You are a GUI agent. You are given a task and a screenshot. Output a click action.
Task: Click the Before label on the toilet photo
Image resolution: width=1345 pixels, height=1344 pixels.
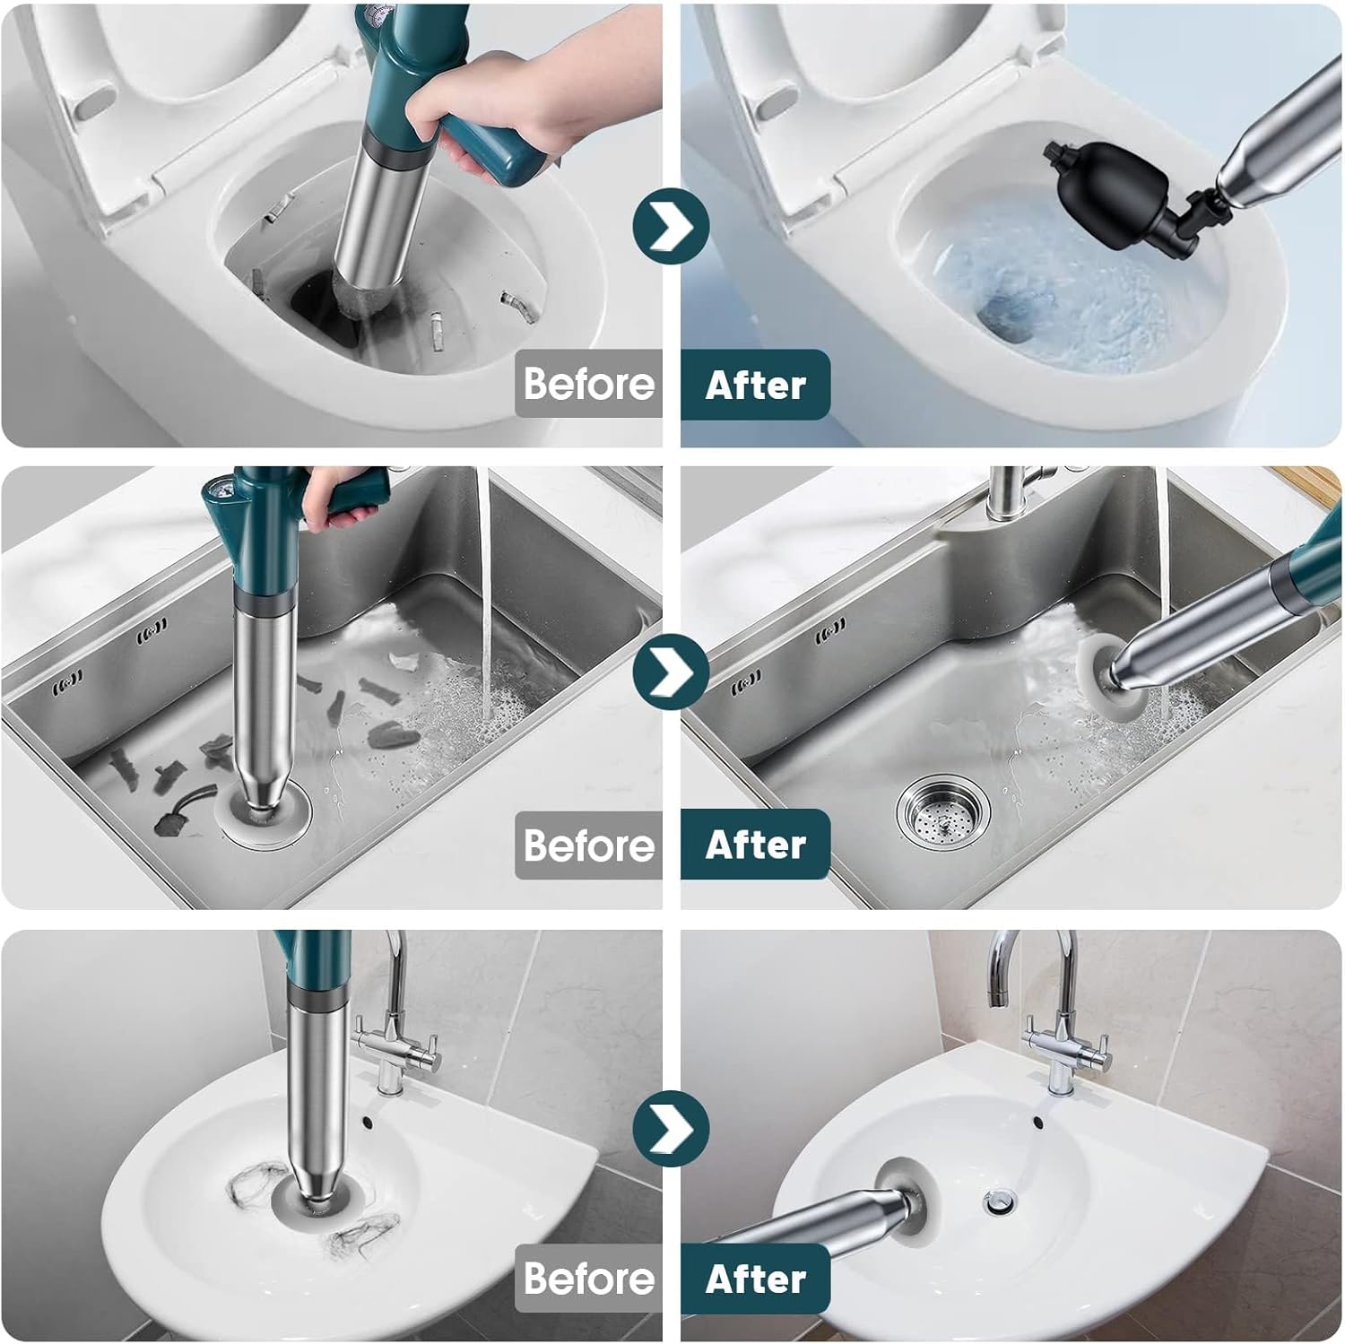(x=588, y=384)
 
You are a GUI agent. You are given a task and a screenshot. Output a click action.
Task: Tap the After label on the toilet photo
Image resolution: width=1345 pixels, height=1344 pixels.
(x=755, y=385)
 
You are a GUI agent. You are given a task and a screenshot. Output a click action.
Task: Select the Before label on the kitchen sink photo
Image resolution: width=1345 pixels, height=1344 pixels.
(x=588, y=845)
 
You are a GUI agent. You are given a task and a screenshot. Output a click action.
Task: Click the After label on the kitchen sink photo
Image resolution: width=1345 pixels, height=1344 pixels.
(x=755, y=845)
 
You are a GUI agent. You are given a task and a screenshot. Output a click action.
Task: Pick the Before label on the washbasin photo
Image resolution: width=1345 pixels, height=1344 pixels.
(x=588, y=1279)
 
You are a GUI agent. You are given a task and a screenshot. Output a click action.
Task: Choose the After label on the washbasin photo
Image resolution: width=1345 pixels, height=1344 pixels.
(x=755, y=1279)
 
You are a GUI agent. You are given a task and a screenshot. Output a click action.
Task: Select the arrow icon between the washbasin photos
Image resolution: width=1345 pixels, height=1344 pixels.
(x=671, y=1128)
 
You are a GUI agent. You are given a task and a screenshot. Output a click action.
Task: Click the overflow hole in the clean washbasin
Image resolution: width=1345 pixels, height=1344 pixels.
(x=1037, y=1122)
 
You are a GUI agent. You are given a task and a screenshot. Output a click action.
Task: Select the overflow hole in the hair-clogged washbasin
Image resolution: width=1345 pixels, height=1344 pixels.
(x=368, y=1122)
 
